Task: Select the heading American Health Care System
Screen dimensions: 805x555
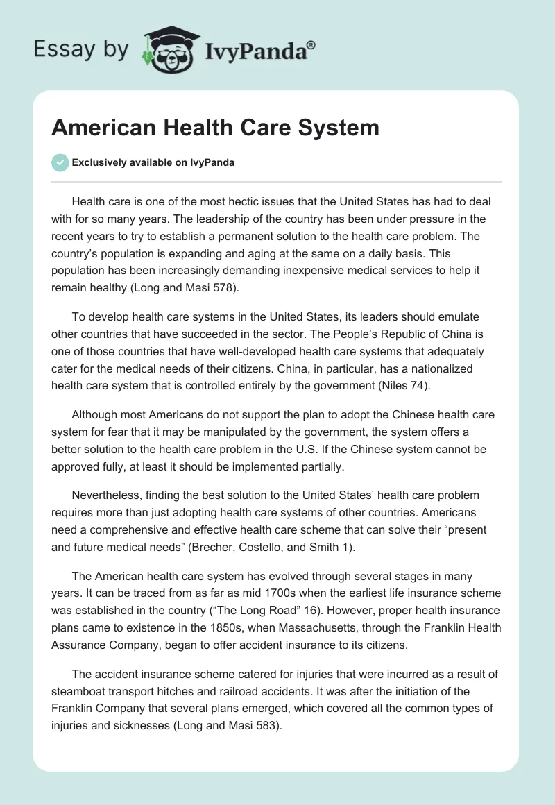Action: click(215, 128)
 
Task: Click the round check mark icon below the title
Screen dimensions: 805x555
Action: click(60, 162)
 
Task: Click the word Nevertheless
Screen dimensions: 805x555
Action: click(108, 495)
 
